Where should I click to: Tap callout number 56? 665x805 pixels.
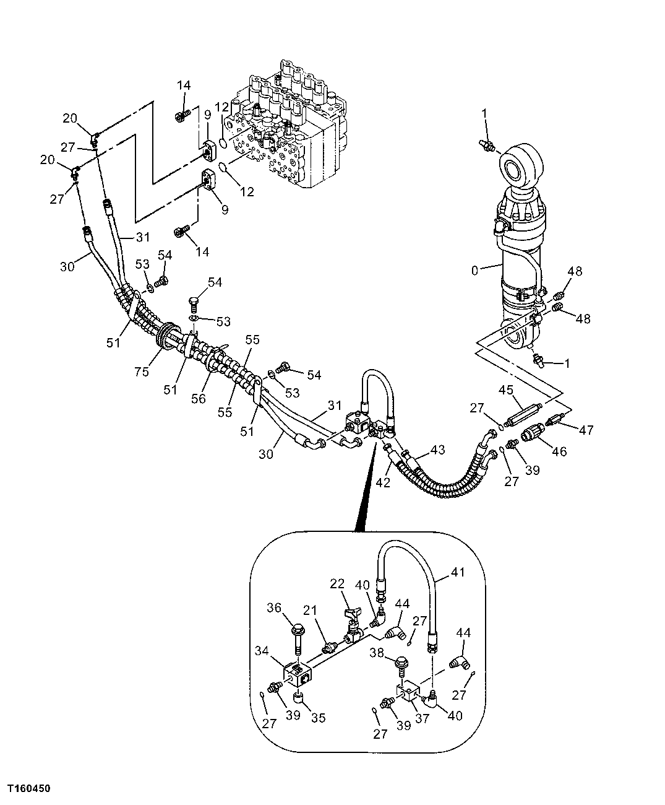pyautogui.click(x=199, y=399)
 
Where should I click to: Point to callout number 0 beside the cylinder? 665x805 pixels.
pyautogui.click(x=474, y=270)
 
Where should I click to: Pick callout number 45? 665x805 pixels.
pyautogui.click(x=507, y=390)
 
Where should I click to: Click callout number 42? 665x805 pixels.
pyautogui.click(x=384, y=482)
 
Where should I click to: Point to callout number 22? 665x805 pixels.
pyautogui.click(x=337, y=584)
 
